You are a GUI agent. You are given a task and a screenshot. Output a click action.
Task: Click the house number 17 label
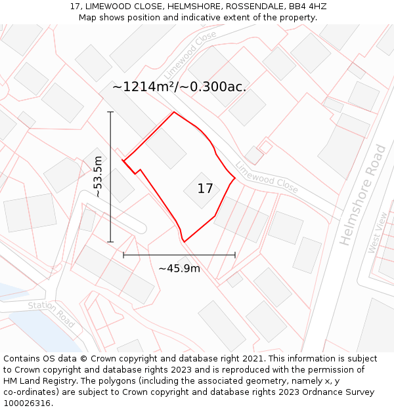[205, 189]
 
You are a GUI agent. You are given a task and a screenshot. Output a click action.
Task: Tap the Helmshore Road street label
[362, 195]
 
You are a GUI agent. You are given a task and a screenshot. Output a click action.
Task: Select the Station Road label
[51, 314]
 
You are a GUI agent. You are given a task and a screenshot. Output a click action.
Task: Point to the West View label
[378, 232]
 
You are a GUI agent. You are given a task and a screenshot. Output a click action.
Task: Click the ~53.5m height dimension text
[98, 176]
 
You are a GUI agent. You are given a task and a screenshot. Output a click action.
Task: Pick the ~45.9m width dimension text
[179, 268]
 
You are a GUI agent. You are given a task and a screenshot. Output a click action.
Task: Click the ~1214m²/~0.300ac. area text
[179, 87]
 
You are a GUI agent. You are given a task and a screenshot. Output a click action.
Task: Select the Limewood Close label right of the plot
[267, 178]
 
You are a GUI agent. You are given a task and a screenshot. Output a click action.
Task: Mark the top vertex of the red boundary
[174, 112]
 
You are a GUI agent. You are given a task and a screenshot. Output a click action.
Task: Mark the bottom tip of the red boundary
[184, 241]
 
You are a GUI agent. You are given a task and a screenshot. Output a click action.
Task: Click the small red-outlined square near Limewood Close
[266, 147]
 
